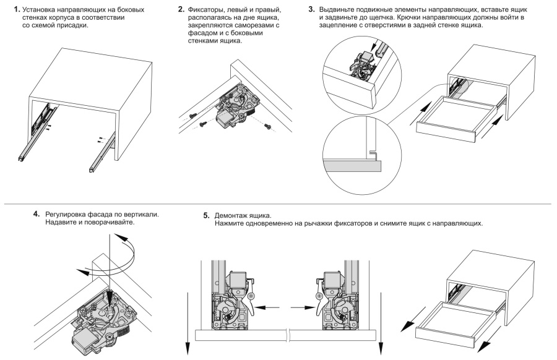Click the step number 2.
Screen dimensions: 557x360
coord(181,9)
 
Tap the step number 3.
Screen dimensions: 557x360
coord(311,9)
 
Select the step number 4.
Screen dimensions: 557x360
coord(37,214)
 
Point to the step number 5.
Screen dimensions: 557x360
coord(206,215)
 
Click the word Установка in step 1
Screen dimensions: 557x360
coord(38,10)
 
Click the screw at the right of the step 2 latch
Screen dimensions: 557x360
coord(269,126)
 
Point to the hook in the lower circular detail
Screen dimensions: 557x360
coord(373,153)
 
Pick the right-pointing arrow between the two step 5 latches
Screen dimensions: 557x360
coord(302,306)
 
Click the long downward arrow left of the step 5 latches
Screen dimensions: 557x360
coord(187,324)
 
